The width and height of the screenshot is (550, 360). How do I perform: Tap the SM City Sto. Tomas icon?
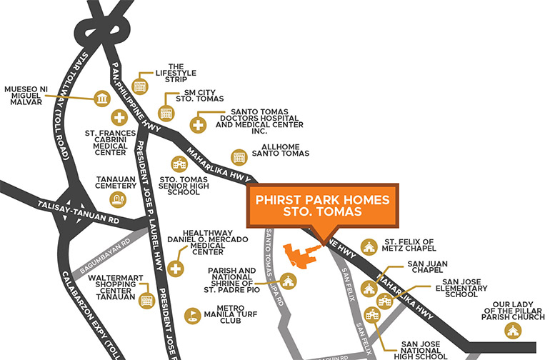tap(166, 113)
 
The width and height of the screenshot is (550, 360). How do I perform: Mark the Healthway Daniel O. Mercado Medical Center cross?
tap(176, 270)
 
